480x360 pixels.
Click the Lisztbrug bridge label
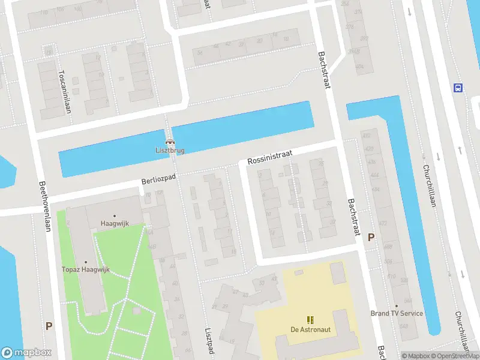(169, 151)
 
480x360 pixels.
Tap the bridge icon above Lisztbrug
(169, 142)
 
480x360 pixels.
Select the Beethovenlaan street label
(44, 206)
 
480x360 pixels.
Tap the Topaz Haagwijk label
(85, 270)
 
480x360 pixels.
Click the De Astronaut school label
(310, 329)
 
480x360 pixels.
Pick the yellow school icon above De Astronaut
(310, 319)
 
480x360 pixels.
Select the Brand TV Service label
(397, 313)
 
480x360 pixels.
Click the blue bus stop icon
(458, 88)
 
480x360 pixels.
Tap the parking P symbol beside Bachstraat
(371, 237)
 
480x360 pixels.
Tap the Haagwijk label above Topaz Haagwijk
(114, 224)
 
